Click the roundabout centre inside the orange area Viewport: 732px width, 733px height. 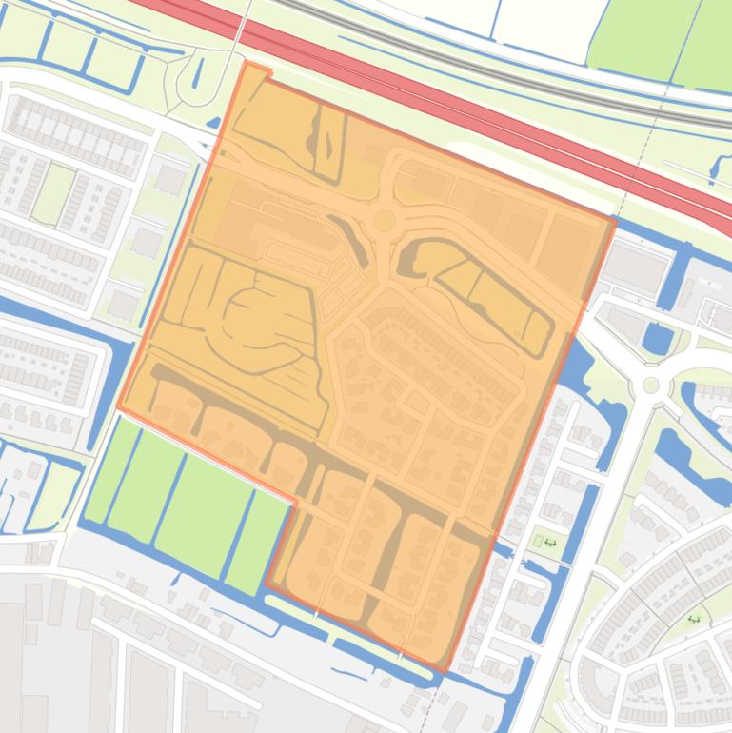385,221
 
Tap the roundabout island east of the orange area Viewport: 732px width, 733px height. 651,386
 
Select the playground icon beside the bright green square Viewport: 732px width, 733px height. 550,543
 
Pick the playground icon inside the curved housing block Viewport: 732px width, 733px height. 694,619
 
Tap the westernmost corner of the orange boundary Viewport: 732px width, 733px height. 118,407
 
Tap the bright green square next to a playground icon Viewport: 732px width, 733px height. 538,542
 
